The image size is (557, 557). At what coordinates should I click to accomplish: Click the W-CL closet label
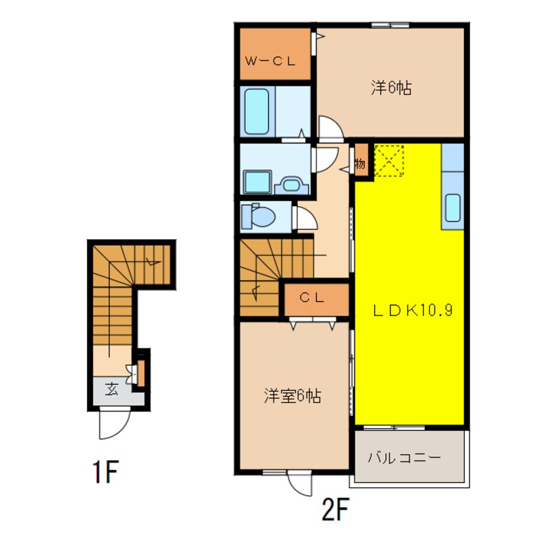[x=271, y=61]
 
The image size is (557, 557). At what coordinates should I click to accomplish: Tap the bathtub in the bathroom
[x=257, y=111]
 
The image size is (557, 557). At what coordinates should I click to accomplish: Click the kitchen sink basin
[x=452, y=208]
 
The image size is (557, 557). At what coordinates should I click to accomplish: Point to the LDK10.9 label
[x=412, y=311]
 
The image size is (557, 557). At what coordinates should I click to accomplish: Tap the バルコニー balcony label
[x=404, y=457]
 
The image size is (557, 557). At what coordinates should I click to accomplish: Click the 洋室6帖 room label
[x=292, y=396]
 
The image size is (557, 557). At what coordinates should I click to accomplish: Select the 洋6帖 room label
[x=391, y=88]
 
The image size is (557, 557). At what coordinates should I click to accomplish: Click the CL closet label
[x=311, y=298]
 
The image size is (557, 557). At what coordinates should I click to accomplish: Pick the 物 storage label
[x=360, y=164]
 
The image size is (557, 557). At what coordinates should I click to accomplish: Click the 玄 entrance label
[x=111, y=389]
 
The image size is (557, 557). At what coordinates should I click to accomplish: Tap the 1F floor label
[x=105, y=471]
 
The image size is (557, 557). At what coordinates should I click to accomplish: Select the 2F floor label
[x=335, y=509]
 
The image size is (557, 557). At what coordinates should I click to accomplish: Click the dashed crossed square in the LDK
[x=389, y=160]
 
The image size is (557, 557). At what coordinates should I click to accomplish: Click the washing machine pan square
[x=257, y=182]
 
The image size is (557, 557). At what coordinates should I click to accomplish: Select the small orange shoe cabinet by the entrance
[x=141, y=373]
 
